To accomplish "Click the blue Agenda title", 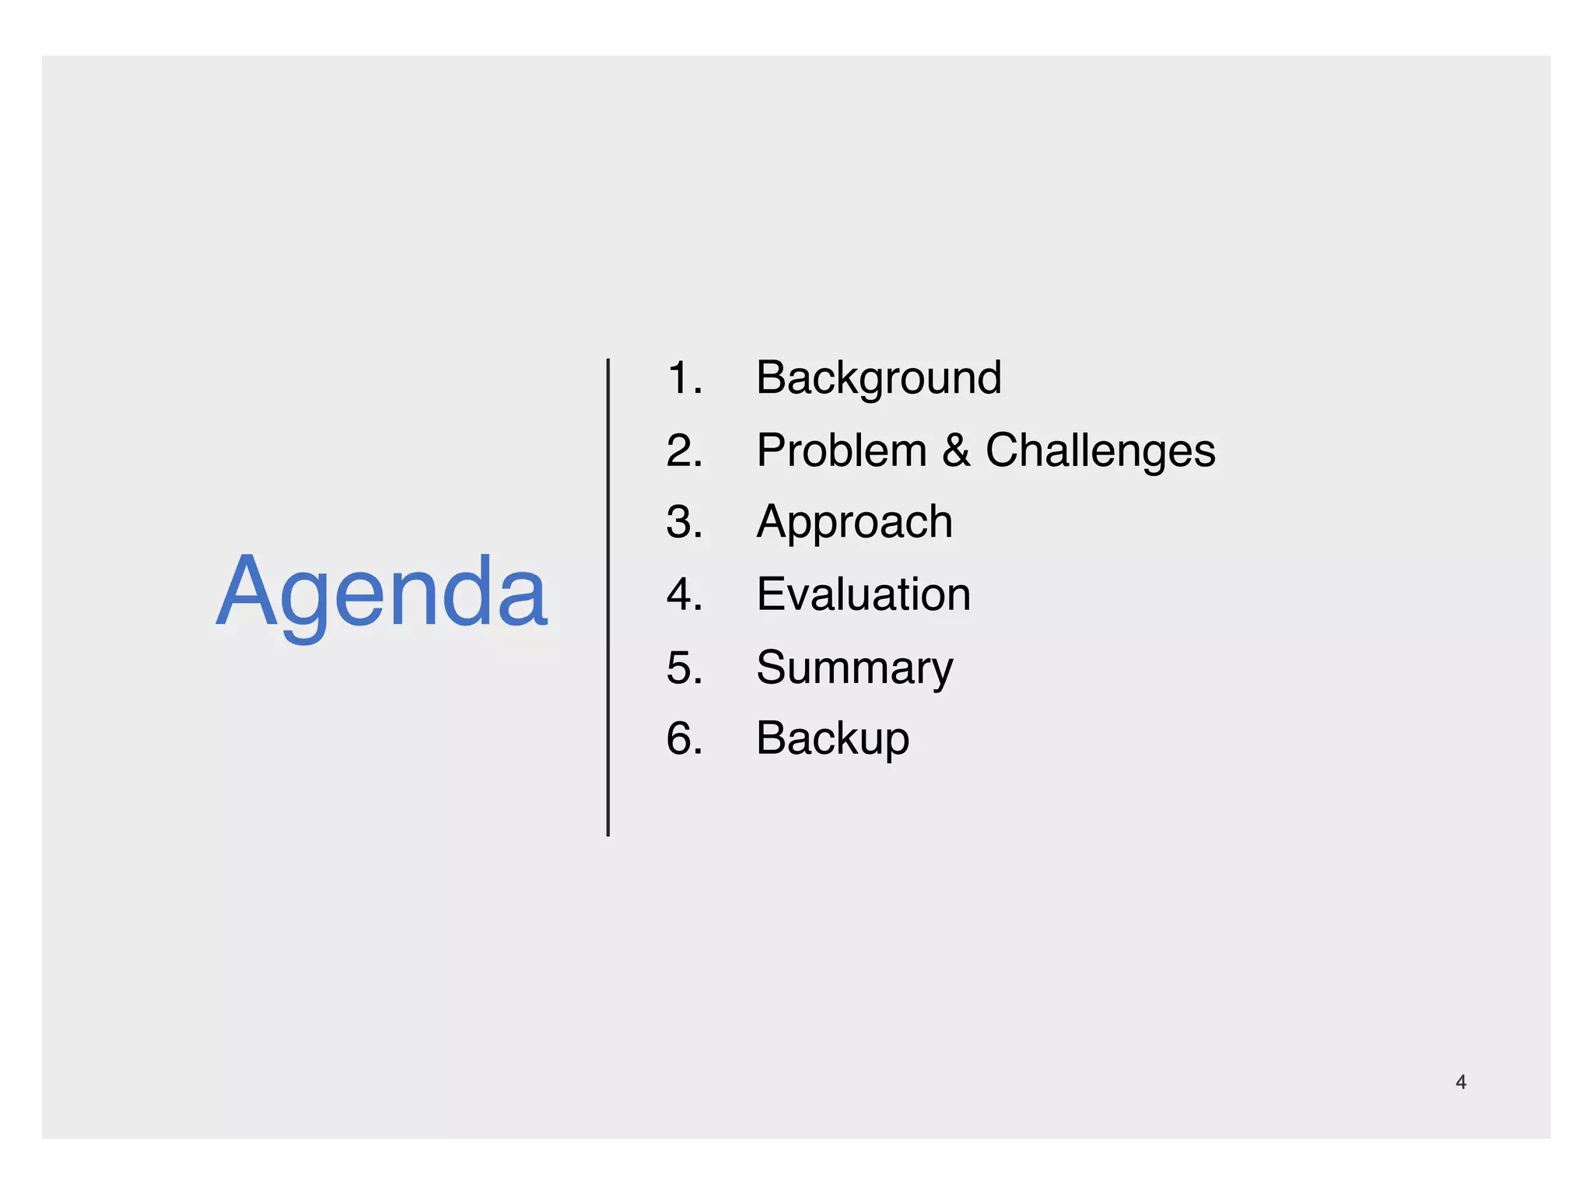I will click(x=382, y=593).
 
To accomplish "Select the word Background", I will click(x=878, y=378).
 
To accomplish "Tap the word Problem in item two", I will click(x=842, y=450).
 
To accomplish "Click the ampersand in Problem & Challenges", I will click(x=956, y=450).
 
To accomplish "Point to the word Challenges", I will click(x=1100, y=450).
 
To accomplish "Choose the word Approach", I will click(x=854, y=522).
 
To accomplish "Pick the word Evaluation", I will click(x=863, y=594).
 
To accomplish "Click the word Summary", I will click(x=854, y=668).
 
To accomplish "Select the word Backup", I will click(x=832, y=738).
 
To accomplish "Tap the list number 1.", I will click(x=684, y=378).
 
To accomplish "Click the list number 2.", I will click(x=684, y=450).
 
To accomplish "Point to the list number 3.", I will click(x=684, y=522).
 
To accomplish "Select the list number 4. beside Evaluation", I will click(x=684, y=594).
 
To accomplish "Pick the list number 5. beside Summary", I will click(x=684, y=668).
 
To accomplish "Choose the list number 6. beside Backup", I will click(x=684, y=738).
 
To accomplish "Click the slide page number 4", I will click(x=1461, y=1082).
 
